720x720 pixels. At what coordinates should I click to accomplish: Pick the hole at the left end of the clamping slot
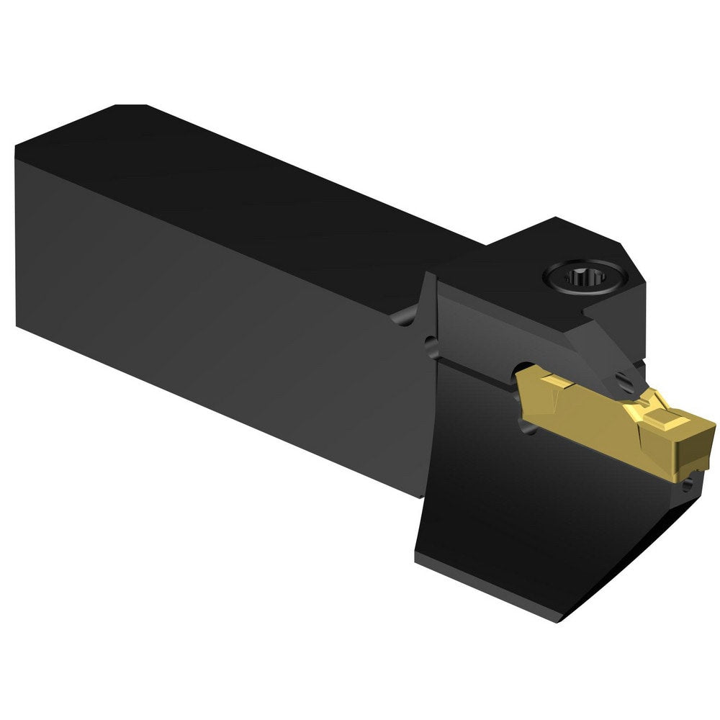click(431, 346)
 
